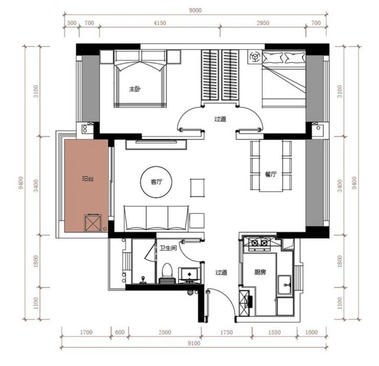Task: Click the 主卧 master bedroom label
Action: coord(135,89)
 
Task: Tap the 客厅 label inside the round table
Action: coord(156,181)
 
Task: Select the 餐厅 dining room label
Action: coord(270,174)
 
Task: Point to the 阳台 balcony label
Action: coord(88,179)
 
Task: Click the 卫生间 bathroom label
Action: coord(168,248)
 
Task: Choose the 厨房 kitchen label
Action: coord(260,272)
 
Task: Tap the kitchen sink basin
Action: coord(285,285)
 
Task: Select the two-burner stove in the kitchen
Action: coord(259,242)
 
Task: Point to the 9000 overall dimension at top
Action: coord(195,10)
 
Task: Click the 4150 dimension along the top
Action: coord(160,23)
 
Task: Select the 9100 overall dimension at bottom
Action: coord(194,343)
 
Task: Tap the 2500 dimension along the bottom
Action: coord(165,332)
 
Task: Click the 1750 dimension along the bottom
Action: coord(226,332)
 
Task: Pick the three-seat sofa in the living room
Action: coord(156,218)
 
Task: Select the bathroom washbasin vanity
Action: coord(189,275)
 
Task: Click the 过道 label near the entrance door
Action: coord(221,272)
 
